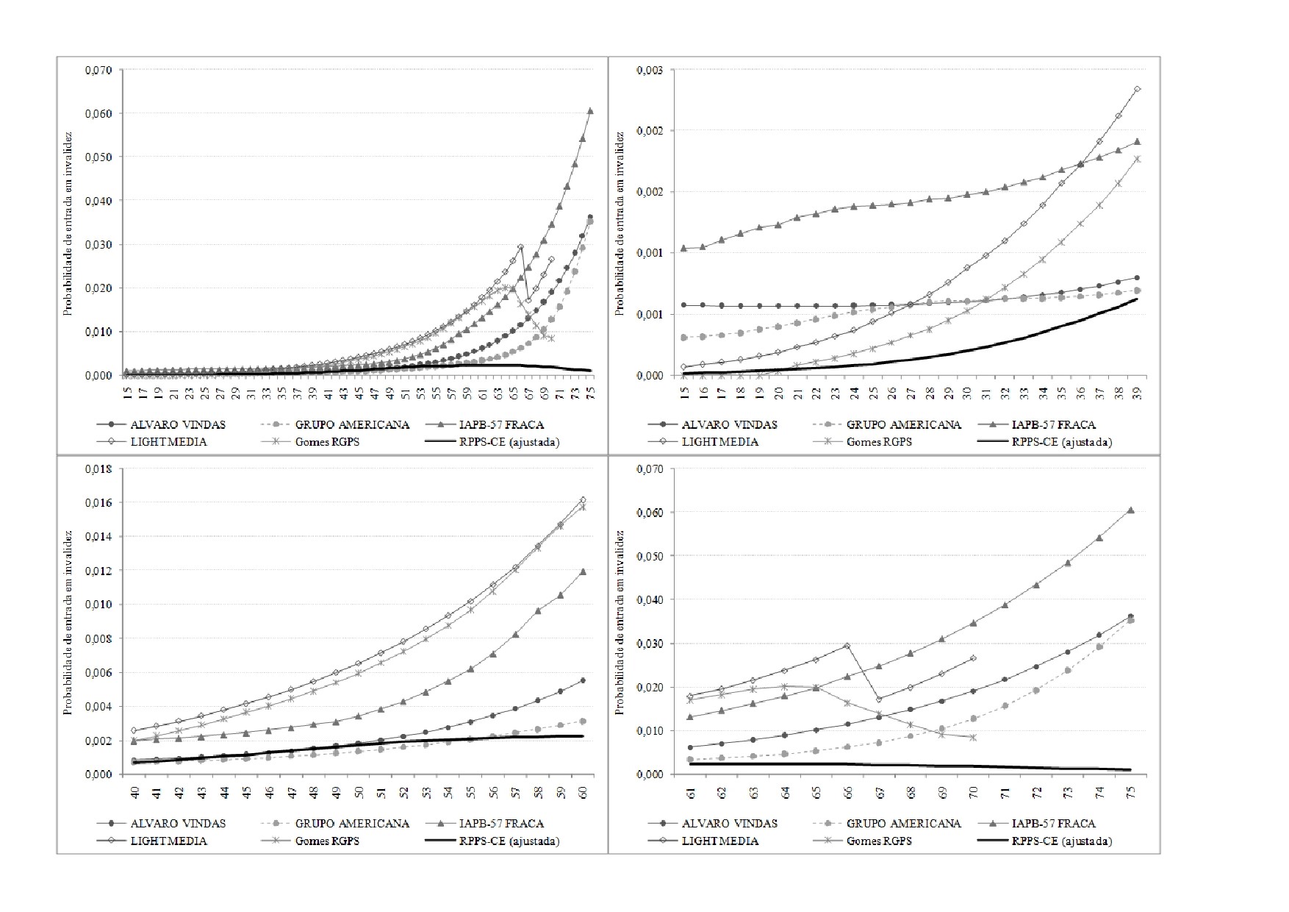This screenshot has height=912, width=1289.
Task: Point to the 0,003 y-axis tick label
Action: [x=650, y=71]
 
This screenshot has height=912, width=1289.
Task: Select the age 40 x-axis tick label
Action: [x=135, y=793]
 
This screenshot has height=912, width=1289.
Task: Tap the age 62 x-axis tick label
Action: [x=722, y=793]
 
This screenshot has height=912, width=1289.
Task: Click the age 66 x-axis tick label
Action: [x=847, y=793]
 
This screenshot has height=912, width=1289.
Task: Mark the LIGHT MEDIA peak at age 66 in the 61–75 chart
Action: [x=847, y=646]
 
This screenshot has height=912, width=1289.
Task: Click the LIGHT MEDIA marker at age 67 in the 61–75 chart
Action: [x=879, y=699]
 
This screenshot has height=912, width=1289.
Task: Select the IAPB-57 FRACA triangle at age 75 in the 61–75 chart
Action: [x=1131, y=510]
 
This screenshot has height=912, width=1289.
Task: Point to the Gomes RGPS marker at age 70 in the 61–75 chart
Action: [x=974, y=737]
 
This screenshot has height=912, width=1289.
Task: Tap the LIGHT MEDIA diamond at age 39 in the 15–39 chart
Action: [x=1137, y=89]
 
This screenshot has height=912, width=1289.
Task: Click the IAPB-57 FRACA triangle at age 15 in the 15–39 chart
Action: [x=684, y=248]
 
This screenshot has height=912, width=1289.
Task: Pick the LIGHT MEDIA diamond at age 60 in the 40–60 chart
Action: [x=584, y=500]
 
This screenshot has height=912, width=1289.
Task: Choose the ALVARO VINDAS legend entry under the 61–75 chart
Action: [x=713, y=824]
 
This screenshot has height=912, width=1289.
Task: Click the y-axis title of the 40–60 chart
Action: [x=68, y=622]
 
